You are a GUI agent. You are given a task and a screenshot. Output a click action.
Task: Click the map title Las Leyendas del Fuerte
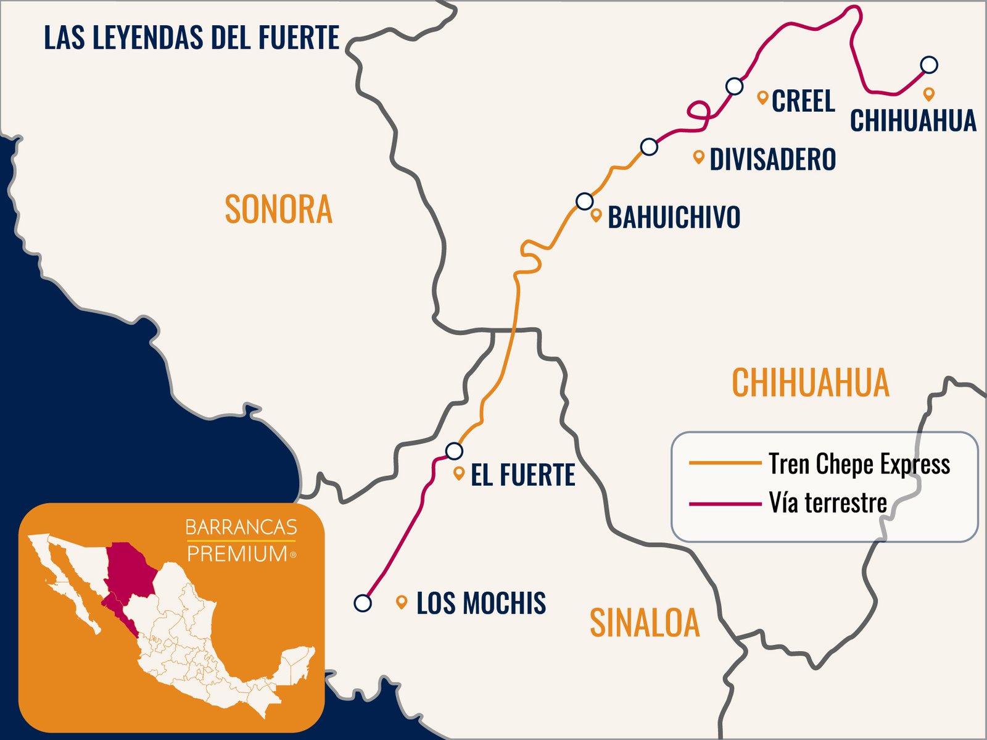click(191, 38)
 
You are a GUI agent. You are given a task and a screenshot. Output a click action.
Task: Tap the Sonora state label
click(278, 209)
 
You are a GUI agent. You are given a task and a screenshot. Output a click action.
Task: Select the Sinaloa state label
click(645, 623)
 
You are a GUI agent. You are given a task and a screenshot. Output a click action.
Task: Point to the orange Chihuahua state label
click(811, 383)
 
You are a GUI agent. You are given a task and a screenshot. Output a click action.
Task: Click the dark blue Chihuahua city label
click(913, 120)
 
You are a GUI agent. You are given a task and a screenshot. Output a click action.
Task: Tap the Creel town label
click(803, 101)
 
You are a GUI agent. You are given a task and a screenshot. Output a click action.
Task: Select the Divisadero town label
click(773, 159)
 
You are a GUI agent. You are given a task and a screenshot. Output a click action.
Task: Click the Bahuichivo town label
click(674, 217)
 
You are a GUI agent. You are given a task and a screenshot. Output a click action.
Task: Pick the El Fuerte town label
click(522, 475)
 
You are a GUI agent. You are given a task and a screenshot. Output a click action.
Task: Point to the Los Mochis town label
click(481, 603)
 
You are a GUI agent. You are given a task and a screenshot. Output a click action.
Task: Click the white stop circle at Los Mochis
click(363, 603)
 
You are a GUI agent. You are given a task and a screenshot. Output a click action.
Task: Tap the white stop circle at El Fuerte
click(454, 451)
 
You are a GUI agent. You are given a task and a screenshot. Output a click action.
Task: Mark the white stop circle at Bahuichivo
click(584, 201)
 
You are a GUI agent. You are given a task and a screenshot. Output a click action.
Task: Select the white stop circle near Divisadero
click(649, 147)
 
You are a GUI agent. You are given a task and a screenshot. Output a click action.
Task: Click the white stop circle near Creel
click(734, 86)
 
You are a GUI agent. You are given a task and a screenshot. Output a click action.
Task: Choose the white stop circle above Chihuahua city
click(929, 64)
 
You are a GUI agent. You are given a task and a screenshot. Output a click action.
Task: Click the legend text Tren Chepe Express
click(859, 464)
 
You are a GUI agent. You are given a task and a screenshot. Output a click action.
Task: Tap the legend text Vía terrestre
click(828, 503)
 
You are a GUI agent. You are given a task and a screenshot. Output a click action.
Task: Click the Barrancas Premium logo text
click(241, 541)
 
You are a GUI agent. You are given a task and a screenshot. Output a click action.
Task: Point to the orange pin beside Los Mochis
click(402, 602)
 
